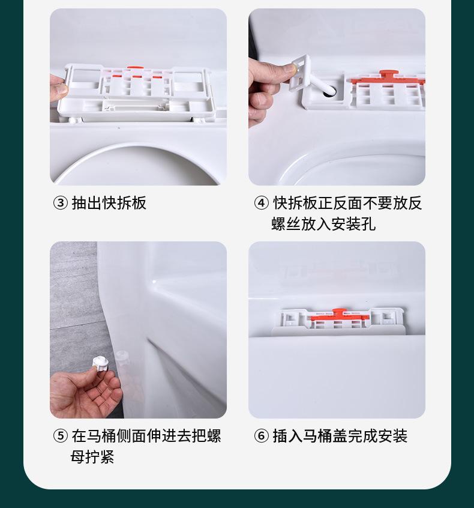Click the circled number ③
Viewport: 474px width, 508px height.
click(x=60, y=204)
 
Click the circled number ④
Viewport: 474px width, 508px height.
click(x=261, y=204)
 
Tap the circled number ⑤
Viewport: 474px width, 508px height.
click(x=60, y=436)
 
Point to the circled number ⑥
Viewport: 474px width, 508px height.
click(x=261, y=436)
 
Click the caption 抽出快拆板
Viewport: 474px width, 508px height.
click(x=109, y=204)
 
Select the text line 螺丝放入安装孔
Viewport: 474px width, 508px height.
click(x=323, y=224)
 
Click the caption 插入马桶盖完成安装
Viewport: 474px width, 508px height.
click(x=340, y=436)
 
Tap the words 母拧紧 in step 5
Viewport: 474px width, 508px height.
click(x=92, y=456)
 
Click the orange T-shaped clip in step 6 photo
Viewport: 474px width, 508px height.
click(x=338, y=315)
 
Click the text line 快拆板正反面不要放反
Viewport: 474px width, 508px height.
click(x=347, y=204)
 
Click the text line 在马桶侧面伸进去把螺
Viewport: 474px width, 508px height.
click(x=146, y=436)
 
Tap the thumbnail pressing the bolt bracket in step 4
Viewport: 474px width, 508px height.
click(x=293, y=68)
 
